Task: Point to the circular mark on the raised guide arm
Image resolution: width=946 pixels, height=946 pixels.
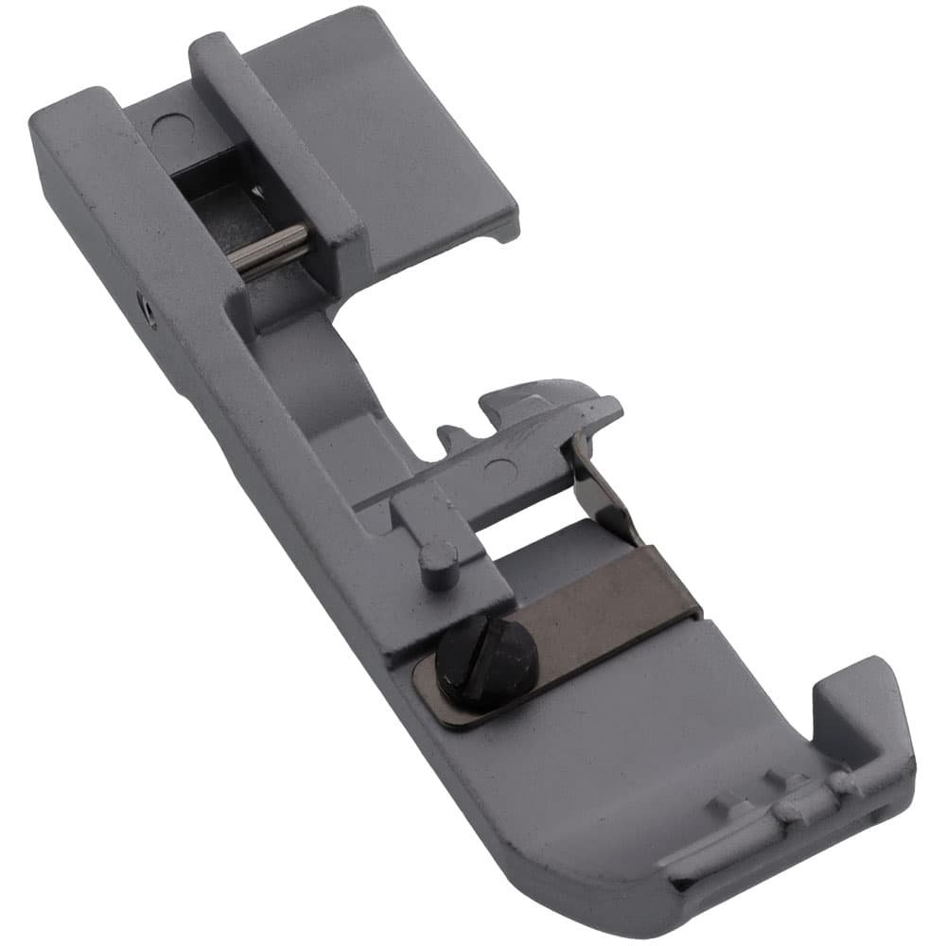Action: [x=491, y=465]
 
